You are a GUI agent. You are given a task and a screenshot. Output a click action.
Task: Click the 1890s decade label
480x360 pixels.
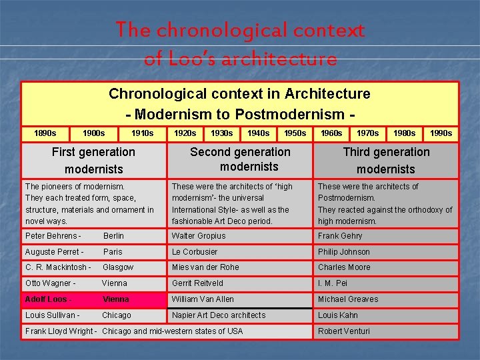(45, 133)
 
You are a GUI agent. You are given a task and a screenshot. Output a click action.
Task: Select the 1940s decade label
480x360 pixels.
(258, 133)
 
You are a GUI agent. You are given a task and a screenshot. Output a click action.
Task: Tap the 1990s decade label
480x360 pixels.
(440, 133)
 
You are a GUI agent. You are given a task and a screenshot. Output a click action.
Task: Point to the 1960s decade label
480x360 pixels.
(331, 133)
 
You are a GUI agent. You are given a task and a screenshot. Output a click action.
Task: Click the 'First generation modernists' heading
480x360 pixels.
(93, 161)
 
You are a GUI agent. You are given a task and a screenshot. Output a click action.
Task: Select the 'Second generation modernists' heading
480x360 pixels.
(240, 159)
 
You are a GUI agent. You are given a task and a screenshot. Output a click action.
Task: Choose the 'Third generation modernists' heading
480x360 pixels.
(386, 161)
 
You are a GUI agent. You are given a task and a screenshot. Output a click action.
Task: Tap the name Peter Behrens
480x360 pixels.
(53, 236)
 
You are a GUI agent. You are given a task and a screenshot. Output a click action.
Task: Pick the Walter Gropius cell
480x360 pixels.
(199, 236)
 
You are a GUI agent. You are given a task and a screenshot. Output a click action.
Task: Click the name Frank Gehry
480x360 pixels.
(340, 236)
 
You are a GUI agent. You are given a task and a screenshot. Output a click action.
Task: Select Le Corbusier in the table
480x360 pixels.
(195, 252)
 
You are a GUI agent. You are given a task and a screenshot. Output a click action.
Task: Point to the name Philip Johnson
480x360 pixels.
(343, 252)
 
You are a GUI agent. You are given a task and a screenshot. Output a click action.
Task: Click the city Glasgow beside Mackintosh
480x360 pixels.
(118, 267)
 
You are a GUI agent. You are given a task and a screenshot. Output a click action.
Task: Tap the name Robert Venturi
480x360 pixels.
(343, 331)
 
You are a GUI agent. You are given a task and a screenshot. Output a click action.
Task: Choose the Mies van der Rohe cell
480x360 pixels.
(205, 267)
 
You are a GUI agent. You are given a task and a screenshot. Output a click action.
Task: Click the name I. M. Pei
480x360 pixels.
(333, 283)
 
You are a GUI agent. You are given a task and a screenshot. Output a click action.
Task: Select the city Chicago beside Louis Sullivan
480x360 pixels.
(117, 315)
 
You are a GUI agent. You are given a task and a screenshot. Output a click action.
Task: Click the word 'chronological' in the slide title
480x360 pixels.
(221, 30)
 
